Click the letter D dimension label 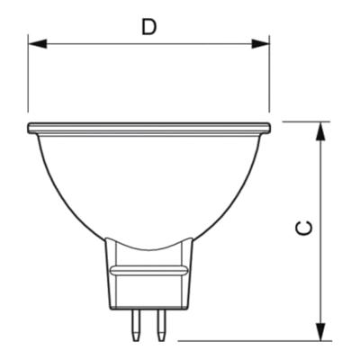click(149, 28)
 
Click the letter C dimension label click(304, 228)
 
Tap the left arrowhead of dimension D click(38, 44)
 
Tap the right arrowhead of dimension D click(260, 44)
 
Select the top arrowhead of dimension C click(321, 131)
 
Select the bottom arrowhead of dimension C click(321, 331)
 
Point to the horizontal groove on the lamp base click(149, 271)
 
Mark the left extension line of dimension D click(28, 74)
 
